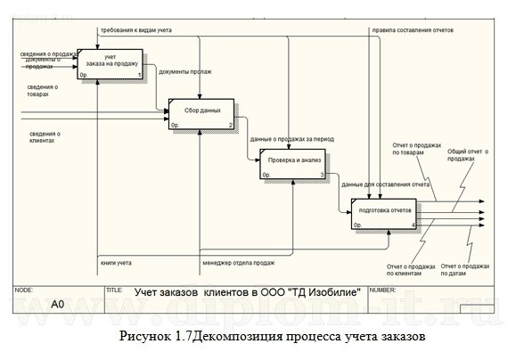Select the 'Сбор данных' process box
[201, 112]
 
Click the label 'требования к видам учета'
[136, 30]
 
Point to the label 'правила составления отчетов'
[413, 30]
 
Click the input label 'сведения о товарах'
[44, 90]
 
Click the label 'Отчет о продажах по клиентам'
[411, 270]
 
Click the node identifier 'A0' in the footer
[57, 304]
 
